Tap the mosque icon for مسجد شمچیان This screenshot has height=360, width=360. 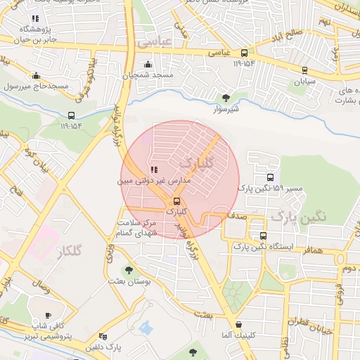click(x=148, y=65)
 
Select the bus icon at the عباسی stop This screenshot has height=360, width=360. click(x=244, y=53)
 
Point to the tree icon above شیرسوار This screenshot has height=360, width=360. click(x=226, y=98)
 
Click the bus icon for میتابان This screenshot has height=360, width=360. click(x=304, y=70)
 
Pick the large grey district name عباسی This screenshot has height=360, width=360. click(x=154, y=42)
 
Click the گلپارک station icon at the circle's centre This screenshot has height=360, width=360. click(x=176, y=200)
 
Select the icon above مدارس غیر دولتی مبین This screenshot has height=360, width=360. click(x=154, y=169)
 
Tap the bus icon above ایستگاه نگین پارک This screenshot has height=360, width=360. click(x=263, y=236)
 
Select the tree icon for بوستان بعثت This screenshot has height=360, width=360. click(x=127, y=269)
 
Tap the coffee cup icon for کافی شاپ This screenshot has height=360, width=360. click(x=48, y=316)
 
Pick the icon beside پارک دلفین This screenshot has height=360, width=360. click(x=103, y=337)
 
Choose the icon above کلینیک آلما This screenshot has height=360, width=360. click(x=240, y=324)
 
